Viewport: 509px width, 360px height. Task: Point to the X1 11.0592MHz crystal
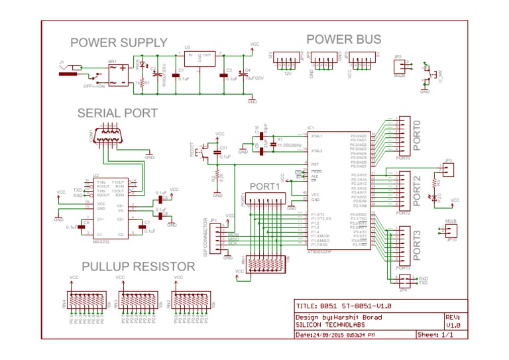[x=272, y=143]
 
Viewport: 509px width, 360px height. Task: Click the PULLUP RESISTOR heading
[x=138, y=267]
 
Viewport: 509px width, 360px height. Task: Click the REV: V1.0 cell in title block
[x=453, y=322]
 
